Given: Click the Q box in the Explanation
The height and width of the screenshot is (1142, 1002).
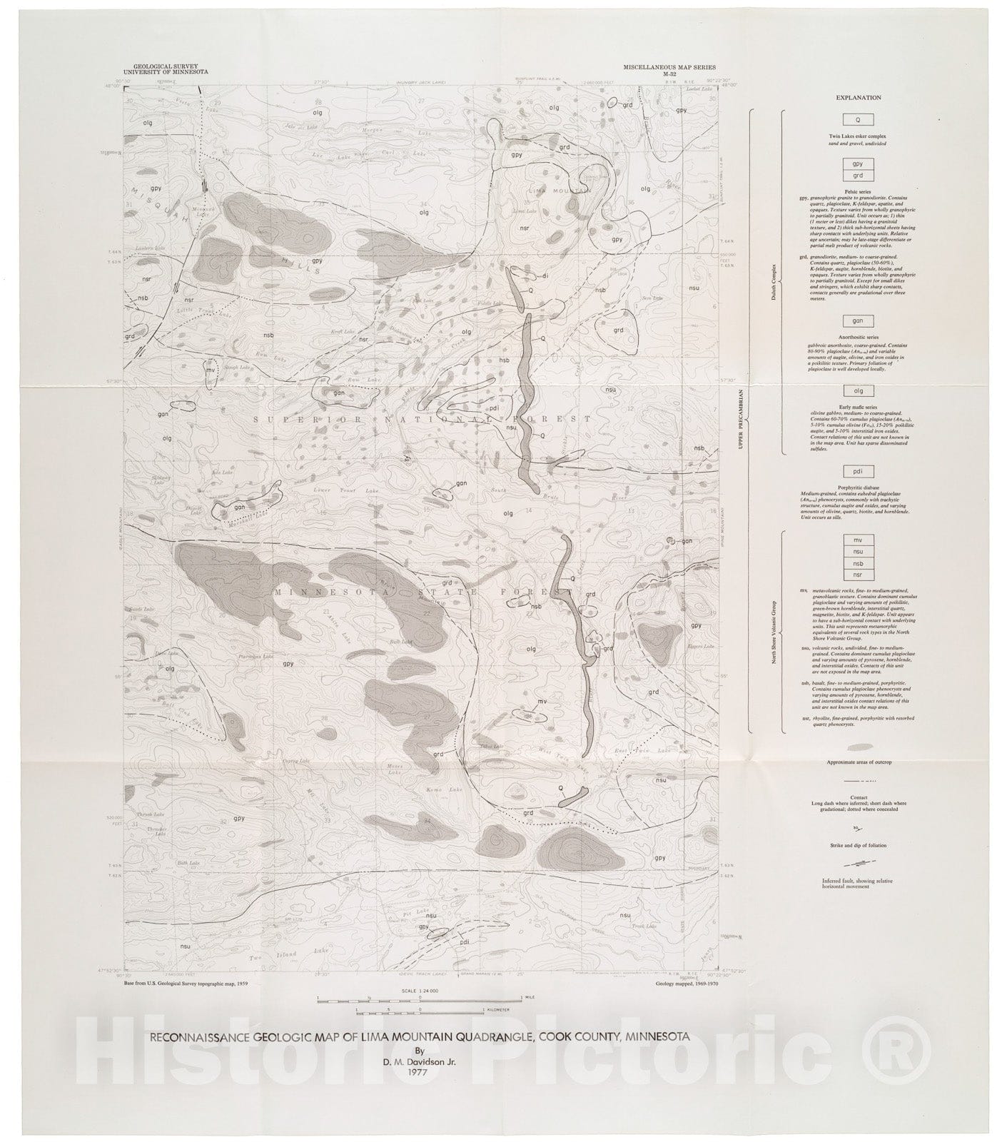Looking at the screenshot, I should coord(858,120).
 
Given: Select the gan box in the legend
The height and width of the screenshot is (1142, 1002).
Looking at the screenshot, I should coord(858,321).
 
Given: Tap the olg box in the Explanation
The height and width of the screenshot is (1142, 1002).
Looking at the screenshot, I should coord(858,391).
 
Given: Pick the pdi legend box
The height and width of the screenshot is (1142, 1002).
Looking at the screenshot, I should coord(858,472).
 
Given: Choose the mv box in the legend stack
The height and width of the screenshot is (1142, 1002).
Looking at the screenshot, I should coord(858,540).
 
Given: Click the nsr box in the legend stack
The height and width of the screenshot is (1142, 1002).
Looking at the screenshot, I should coord(858,575).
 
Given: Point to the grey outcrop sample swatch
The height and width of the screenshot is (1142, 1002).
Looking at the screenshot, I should coord(858,747).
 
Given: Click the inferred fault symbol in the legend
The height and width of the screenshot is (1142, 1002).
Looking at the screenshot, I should coord(857,864).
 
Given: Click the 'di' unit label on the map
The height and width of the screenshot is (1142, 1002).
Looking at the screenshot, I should coord(544,275).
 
